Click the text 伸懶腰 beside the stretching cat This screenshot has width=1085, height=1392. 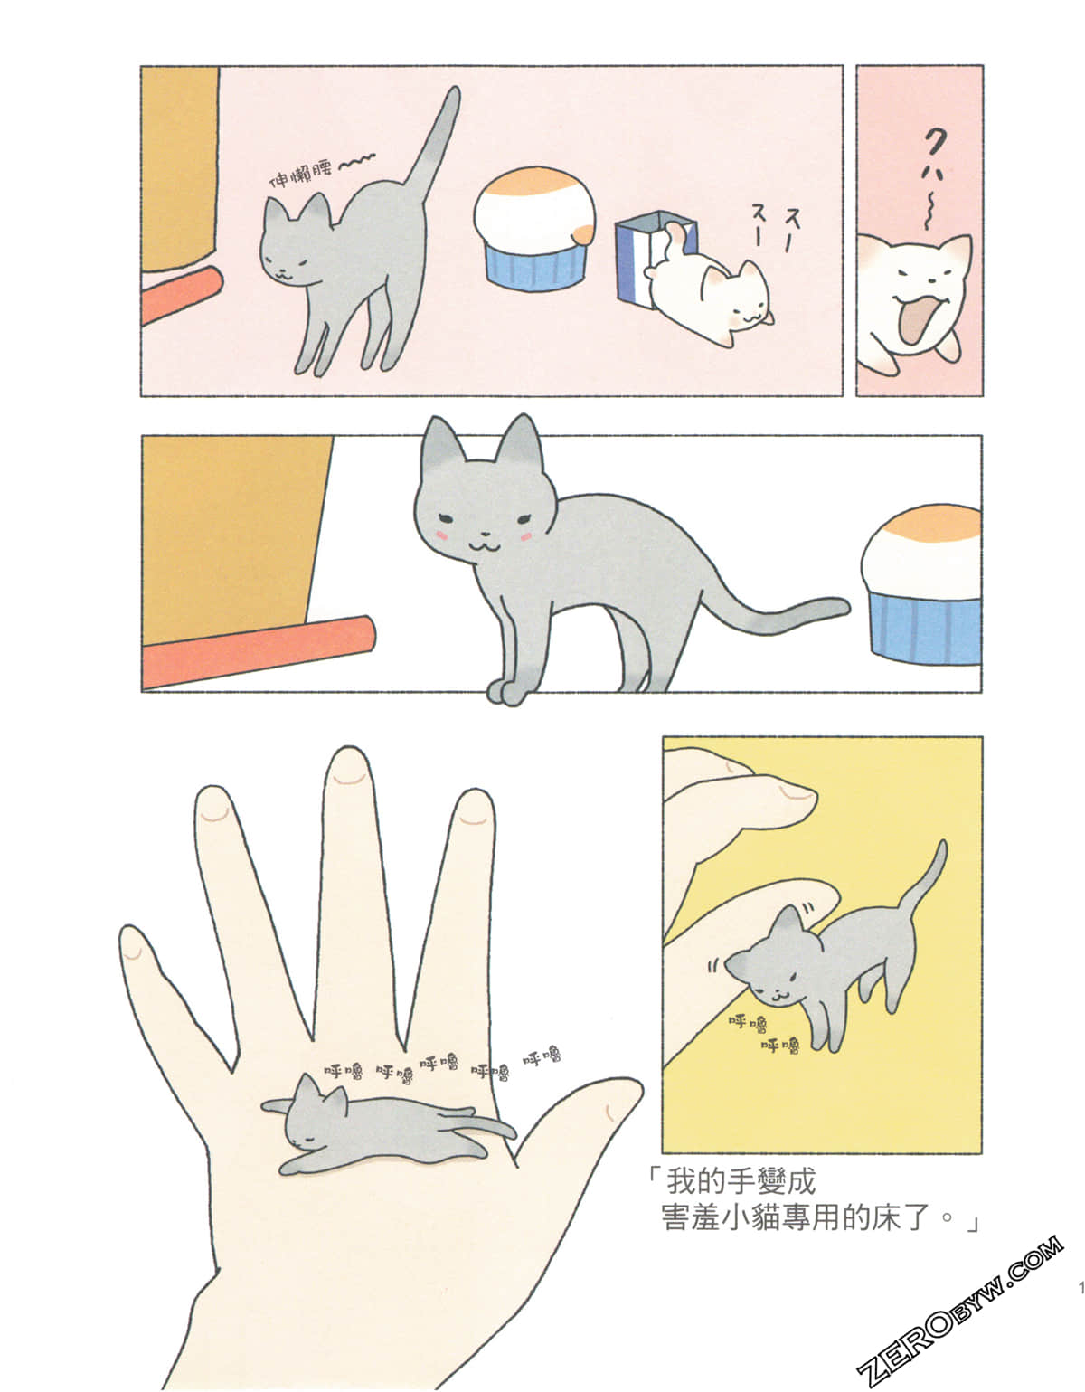click(301, 174)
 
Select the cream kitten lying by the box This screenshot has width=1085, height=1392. click(714, 298)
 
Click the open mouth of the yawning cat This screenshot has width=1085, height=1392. click(916, 324)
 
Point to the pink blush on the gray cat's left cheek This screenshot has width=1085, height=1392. click(443, 537)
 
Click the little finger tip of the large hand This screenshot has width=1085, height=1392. click(133, 945)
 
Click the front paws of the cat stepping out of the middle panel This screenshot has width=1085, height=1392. click(506, 692)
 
